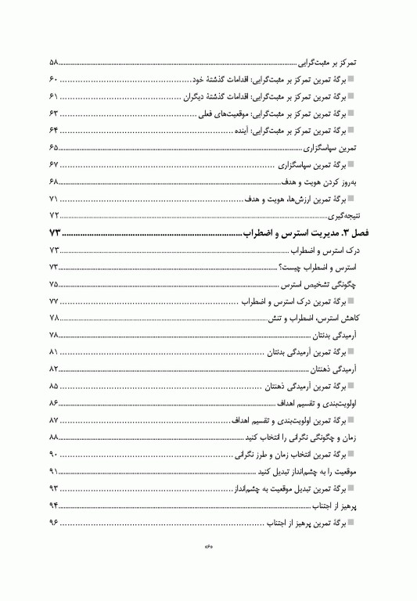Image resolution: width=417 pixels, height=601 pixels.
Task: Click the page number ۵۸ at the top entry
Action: click(x=54, y=63)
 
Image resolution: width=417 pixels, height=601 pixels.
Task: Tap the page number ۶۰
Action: click(x=54, y=79)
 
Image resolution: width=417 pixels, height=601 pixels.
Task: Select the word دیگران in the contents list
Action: click(x=197, y=96)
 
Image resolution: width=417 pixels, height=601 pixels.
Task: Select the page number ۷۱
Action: click(x=54, y=198)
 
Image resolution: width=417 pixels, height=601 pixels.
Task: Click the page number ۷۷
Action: click(x=54, y=301)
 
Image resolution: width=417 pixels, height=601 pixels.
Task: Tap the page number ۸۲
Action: click(x=54, y=369)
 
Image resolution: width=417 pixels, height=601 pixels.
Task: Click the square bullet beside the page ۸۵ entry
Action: click(x=351, y=386)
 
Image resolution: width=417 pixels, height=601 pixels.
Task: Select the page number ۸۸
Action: click(x=54, y=437)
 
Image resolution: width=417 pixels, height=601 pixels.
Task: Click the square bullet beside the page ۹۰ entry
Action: click(x=351, y=454)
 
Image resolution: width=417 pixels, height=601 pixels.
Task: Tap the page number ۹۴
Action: click(x=54, y=505)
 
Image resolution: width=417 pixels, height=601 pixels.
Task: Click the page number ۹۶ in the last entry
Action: click(x=54, y=522)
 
